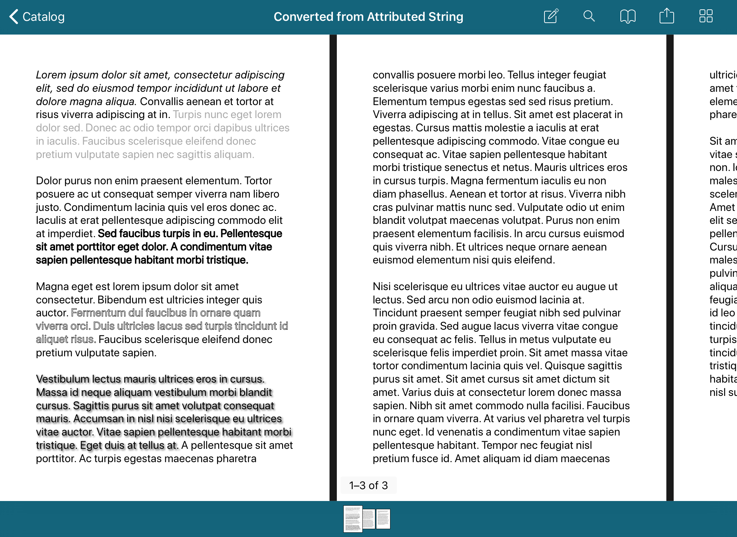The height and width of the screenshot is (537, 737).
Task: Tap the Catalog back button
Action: (x=37, y=17)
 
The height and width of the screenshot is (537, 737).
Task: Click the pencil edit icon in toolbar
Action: (x=551, y=16)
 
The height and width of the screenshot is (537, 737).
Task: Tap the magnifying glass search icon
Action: (x=589, y=16)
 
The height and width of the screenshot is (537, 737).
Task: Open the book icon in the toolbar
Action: (x=628, y=17)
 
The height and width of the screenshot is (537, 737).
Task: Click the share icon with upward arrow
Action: (x=666, y=16)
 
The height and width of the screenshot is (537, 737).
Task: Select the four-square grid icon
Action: (x=706, y=16)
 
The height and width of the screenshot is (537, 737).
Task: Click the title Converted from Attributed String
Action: (x=368, y=17)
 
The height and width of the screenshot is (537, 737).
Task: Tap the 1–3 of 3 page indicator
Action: (x=368, y=485)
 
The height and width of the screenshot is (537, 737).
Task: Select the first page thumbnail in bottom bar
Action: (x=352, y=519)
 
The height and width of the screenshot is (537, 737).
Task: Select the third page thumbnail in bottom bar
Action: (x=383, y=519)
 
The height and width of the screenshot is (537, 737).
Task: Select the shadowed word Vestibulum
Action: (x=62, y=379)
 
